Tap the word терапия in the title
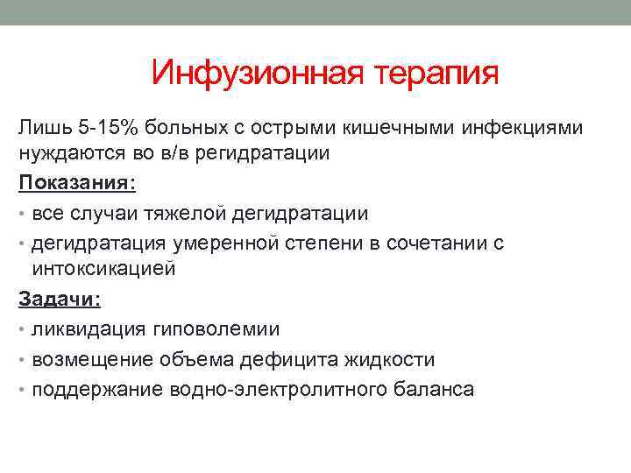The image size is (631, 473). pos(437,74)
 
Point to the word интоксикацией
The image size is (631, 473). pos(103,269)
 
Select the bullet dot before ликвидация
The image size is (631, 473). pos(22,329)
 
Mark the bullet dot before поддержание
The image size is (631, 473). pos(22,389)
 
